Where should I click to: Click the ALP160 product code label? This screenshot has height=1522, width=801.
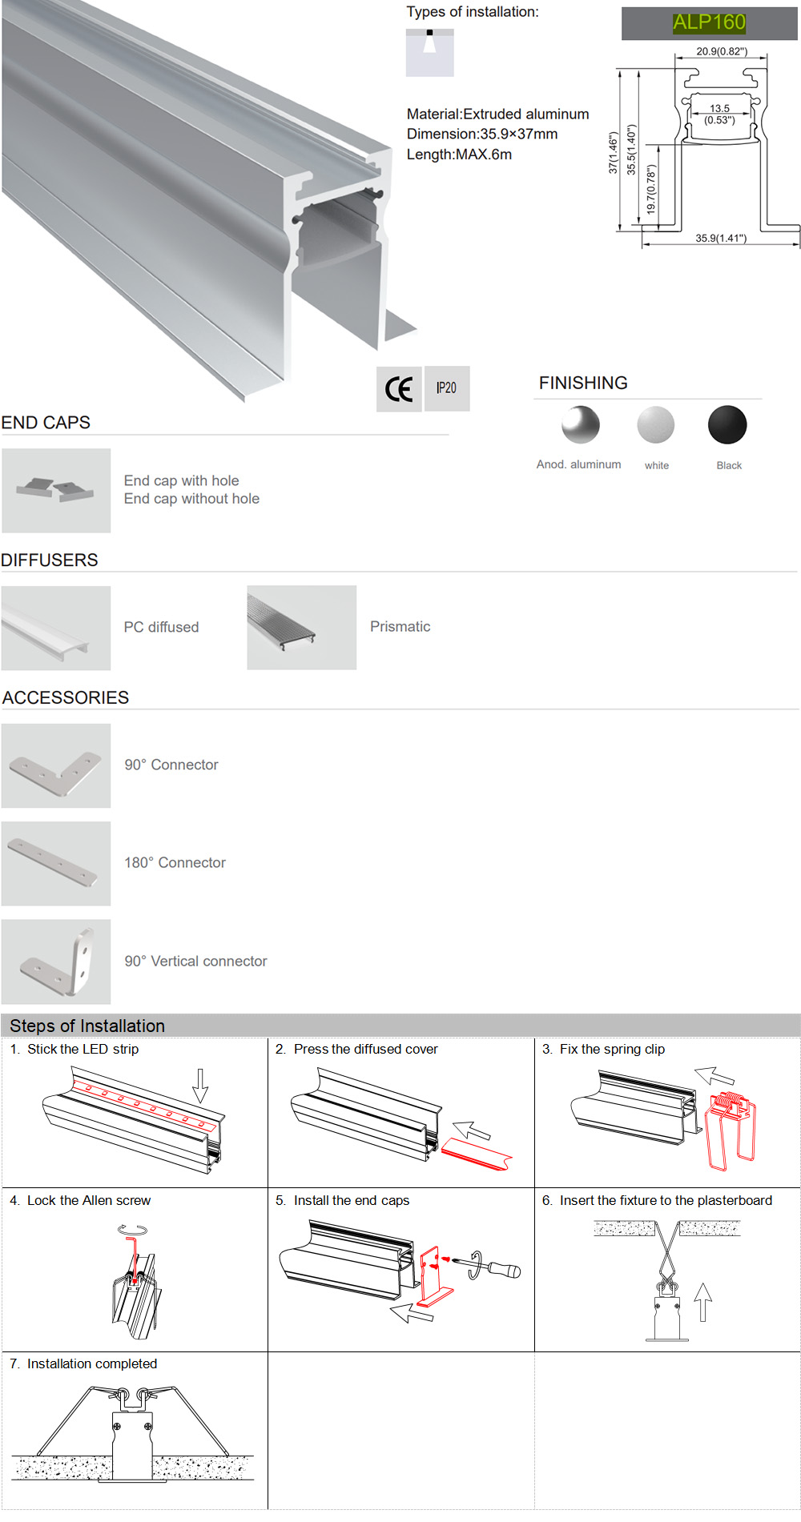[709, 22]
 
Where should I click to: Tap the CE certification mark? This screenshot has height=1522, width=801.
[399, 389]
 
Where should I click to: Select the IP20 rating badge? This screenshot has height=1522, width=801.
[446, 388]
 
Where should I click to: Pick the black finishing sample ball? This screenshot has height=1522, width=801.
[727, 424]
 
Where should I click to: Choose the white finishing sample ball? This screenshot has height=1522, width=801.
[656, 424]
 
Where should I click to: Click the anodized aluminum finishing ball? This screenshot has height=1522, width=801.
[581, 424]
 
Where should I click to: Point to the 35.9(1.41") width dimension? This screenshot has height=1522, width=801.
[720, 238]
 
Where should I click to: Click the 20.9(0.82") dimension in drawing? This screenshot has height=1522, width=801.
[721, 51]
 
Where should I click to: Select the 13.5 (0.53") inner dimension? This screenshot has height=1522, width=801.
[719, 114]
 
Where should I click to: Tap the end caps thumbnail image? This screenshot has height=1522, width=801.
[56, 490]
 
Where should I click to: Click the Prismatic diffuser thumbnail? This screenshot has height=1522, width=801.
[301, 628]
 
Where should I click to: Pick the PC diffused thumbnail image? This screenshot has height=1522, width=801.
[56, 628]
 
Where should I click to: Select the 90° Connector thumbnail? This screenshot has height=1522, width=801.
[56, 766]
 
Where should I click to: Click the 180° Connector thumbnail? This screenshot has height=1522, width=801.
[56, 864]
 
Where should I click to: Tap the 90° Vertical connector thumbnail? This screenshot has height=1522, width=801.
[56, 962]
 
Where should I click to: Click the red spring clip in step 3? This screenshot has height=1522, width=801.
[729, 1129]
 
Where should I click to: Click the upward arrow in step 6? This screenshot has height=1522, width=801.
[702, 1301]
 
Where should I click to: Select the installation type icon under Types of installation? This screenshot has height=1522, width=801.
[429, 53]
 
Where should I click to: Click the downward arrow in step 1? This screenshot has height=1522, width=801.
[200, 1085]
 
